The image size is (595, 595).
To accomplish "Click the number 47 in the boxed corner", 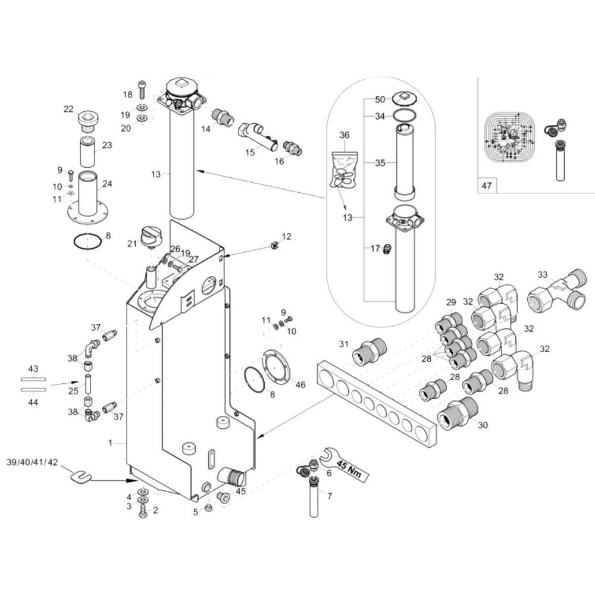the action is (x=487, y=186).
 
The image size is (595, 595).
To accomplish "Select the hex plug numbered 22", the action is (x=88, y=121).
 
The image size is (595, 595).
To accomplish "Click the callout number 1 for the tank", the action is (x=111, y=443).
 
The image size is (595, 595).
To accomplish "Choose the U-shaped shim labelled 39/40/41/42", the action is (x=81, y=476).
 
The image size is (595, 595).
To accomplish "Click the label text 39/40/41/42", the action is (x=32, y=462).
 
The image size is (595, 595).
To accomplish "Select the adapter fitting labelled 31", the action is (x=369, y=349).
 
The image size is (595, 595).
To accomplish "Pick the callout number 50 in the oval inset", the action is (x=380, y=99).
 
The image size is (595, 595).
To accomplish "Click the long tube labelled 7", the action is (x=314, y=497).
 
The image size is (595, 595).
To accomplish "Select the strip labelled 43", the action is (x=33, y=379).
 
